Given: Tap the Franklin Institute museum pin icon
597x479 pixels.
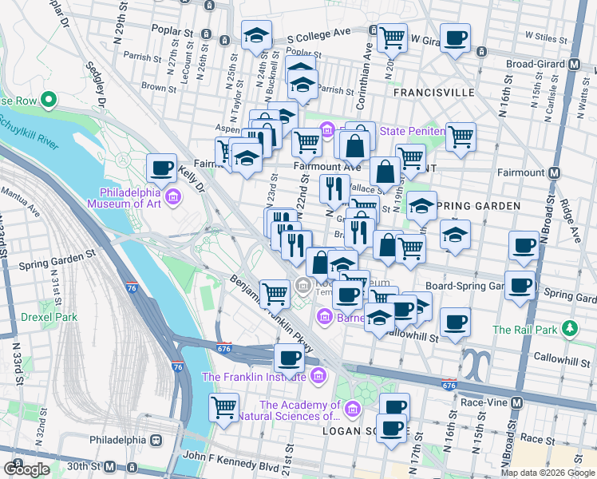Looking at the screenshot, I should click(x=318, y=375).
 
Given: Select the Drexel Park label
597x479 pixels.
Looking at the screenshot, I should click(x=49, y=317).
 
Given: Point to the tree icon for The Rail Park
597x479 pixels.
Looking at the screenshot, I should click(x=570, y=329).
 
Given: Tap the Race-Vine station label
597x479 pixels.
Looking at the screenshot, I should click(x=486, y=402).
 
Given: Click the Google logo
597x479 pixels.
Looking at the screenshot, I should click(x=27, y=469).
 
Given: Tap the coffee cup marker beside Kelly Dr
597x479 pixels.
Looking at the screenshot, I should click(x=162, y=169).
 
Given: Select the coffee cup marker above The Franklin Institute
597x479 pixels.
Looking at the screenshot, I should click(x=289, y=358).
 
